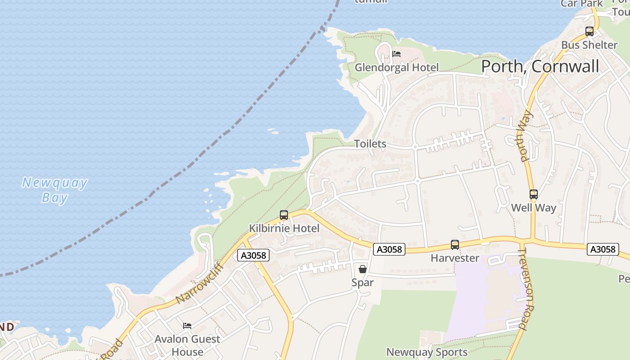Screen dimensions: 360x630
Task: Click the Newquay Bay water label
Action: [x=55, y=190]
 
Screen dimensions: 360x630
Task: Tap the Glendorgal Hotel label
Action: [x=396, y=67]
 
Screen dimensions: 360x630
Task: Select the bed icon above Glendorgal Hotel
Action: [x=396, y=54]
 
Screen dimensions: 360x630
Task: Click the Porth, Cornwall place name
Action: [x=540, y=67]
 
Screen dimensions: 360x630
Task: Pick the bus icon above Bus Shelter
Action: [x=589, y=31]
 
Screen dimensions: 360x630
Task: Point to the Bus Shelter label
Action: [x=589, y=45]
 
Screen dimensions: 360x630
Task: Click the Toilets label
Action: [x=370, y=144]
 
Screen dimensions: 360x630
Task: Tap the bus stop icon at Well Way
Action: [x=534, y=194]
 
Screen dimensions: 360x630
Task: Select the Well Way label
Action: [x=534, y=208]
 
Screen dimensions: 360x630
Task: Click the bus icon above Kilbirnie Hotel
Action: [x=284, y=215]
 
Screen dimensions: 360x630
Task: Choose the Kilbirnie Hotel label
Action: [x=284, y=229]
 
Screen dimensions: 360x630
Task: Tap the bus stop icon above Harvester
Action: [x=455, y=245]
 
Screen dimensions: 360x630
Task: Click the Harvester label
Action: [x=455, y=258]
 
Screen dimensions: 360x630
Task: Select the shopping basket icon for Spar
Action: [x=363, y=269]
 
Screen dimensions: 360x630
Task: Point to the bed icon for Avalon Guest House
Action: [x=187, y=325]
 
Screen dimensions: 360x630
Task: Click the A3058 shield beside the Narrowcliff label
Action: [x=253, y=255]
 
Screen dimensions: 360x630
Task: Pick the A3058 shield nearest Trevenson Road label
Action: [x=603, y=249]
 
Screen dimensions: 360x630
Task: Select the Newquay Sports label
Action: [x=427, y=352]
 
